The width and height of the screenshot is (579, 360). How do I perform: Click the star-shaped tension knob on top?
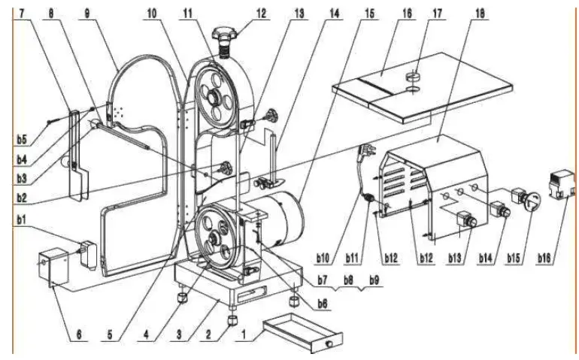[225, 33]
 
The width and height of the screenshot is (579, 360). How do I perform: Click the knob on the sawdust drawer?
[329, 343]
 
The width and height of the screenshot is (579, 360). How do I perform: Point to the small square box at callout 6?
[53, 268]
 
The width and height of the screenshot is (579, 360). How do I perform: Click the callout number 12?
[261, 13]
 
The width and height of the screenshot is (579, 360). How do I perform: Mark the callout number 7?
[22, 13]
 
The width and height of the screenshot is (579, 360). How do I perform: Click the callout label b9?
[374, 280]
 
